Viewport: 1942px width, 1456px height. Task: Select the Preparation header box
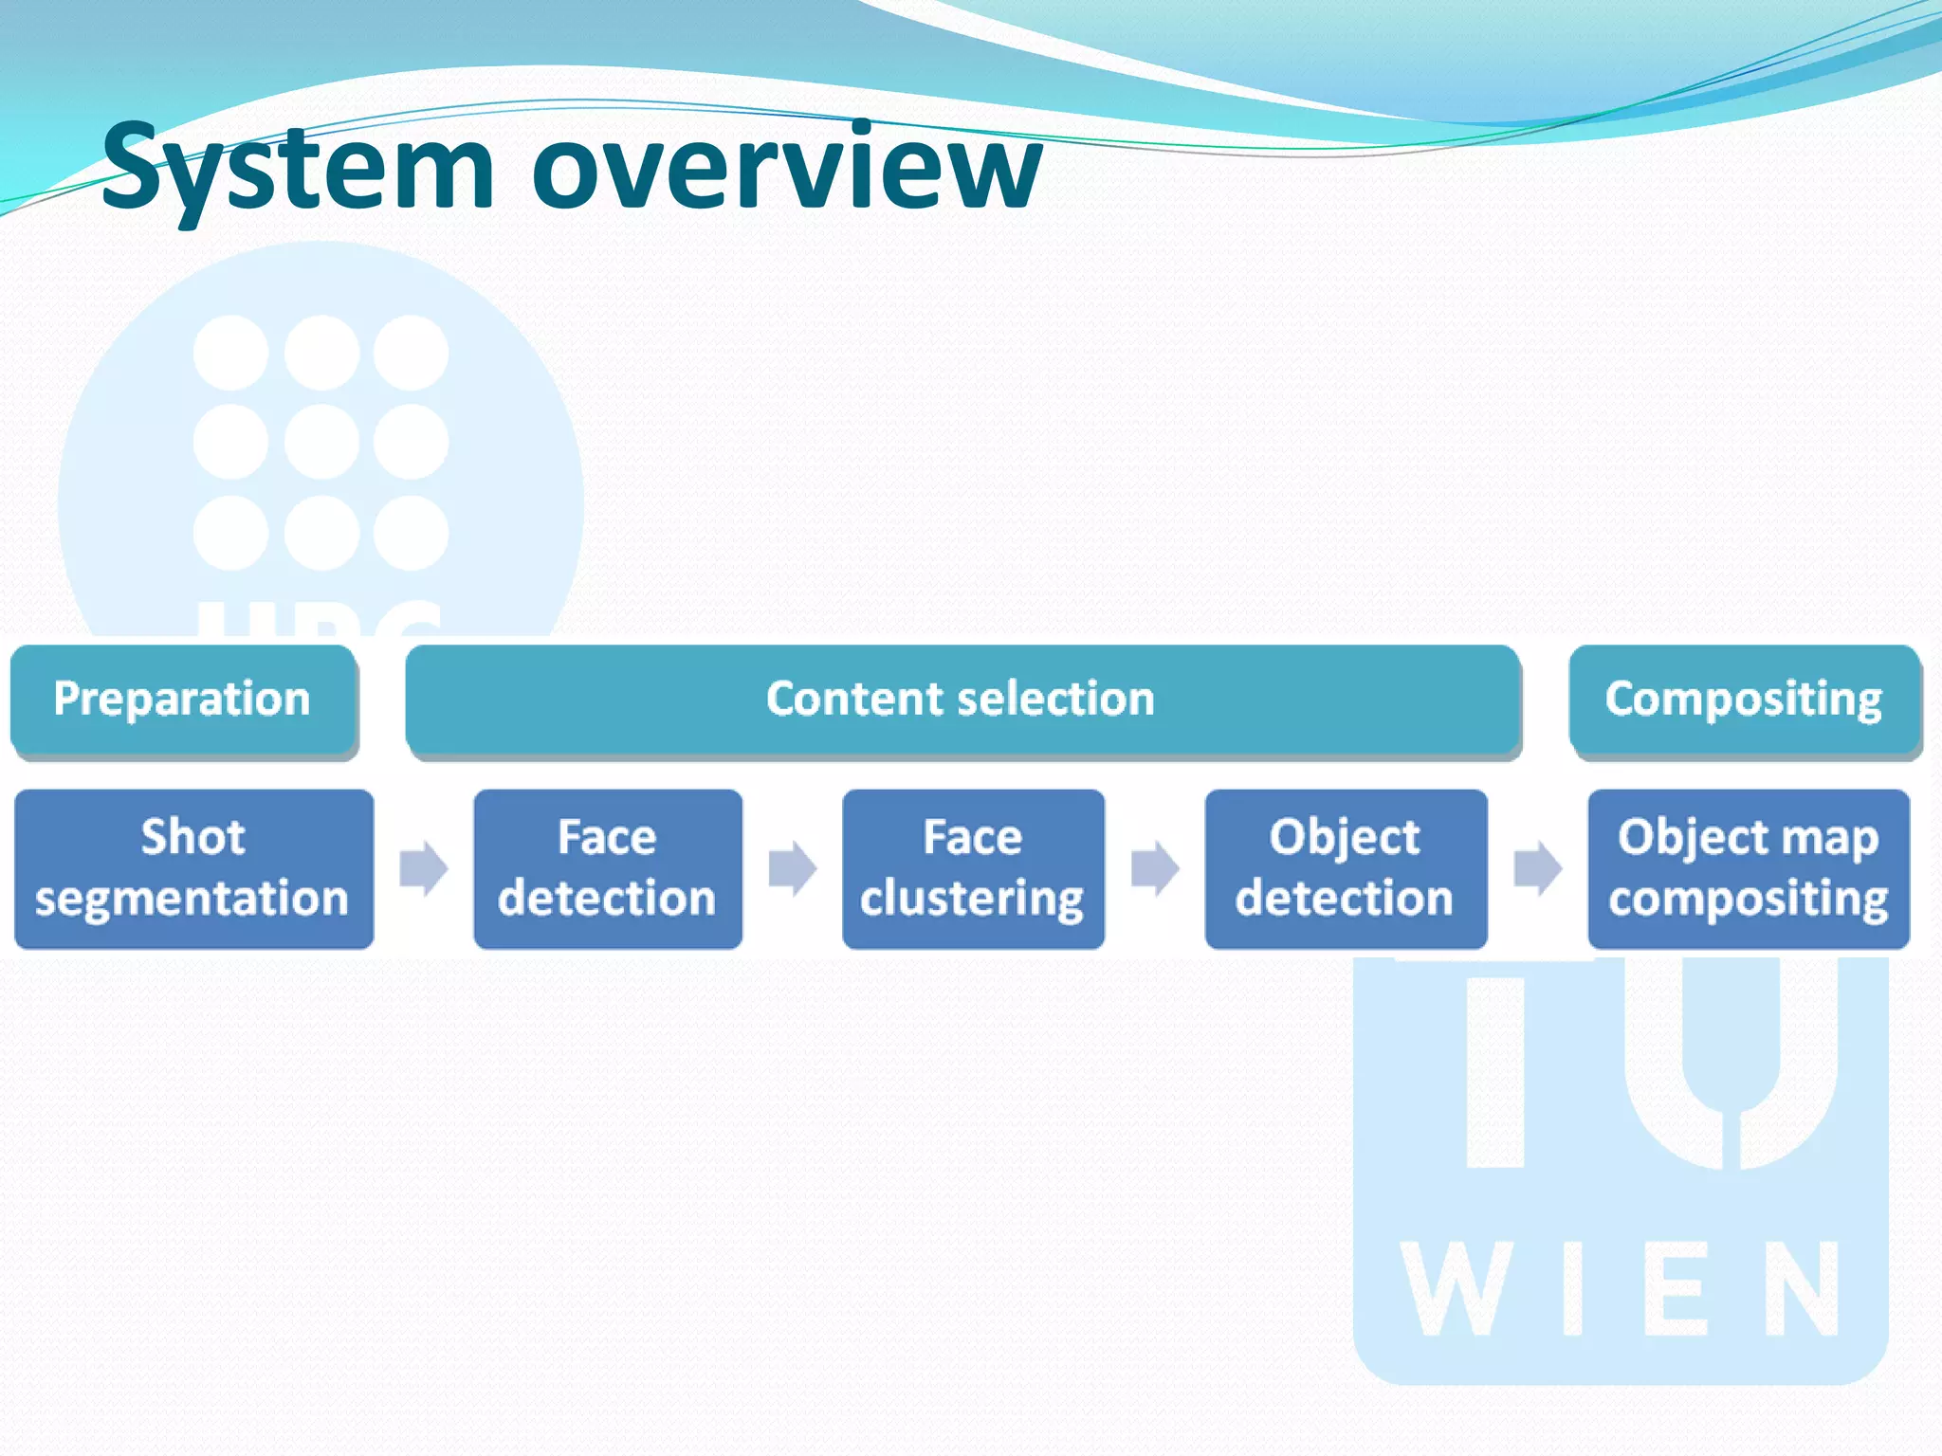click(x=183, y=700)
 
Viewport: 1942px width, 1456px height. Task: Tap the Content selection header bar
click(x=962, y=700)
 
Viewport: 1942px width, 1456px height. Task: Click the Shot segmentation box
click(x=193, y=868)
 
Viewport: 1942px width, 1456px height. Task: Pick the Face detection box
click(x=607, y=868)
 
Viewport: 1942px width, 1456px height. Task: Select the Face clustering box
click(x=973, y=868)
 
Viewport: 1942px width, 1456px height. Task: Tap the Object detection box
click(x=1345, y=868)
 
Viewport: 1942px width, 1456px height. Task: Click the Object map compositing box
click(x=1748, y=868)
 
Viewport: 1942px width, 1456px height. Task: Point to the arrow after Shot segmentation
click(x=423, y=868)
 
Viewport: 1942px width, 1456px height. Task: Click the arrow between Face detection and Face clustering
click(x=792, y=868)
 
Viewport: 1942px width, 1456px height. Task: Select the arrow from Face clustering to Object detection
click(x=1155, y=868)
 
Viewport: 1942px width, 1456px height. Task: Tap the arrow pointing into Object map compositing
click(x=1537, y=868)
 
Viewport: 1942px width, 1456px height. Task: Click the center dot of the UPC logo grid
click(x=321, y=442)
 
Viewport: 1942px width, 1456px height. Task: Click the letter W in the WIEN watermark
click(x=1456, y=1289)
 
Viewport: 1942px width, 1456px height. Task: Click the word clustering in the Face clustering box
click(x=972, y=899)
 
